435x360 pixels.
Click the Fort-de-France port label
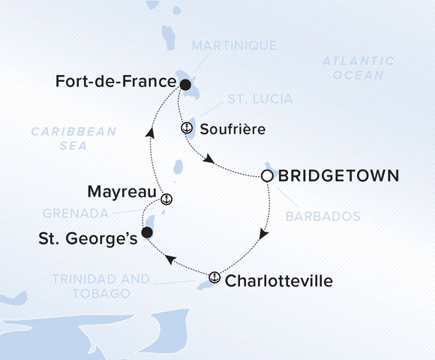pos(115,82)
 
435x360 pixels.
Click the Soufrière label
pos(233,129)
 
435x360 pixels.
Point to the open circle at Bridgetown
pos(266,176)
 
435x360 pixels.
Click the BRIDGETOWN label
pos(338,176)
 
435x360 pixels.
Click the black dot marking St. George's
pos(147,232)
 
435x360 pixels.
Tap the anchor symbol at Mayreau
pos(166,199)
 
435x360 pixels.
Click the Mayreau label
pos(120,192)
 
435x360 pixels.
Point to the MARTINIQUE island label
pos(234,46)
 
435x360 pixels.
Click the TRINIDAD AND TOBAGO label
pos(101,286)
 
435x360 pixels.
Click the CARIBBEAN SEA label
pos(73,139)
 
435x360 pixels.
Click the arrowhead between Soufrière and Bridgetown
pos(211,160)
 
